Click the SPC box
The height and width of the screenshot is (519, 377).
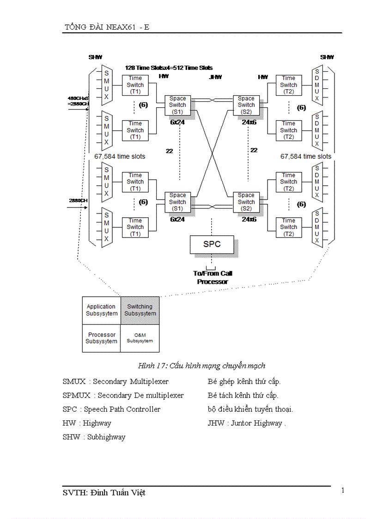[212, 244]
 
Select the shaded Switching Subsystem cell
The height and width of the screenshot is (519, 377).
[140, 310]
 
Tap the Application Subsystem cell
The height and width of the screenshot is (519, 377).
[101, 310]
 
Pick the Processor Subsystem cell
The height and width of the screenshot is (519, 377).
[101, 338]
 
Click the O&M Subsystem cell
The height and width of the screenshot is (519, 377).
[140, 338]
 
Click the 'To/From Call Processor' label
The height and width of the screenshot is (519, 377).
[213, 277]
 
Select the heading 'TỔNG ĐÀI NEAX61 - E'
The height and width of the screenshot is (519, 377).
[107, 27]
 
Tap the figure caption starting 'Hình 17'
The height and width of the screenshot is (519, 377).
[201, 366]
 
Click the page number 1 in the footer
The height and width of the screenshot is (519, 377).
[342, 490]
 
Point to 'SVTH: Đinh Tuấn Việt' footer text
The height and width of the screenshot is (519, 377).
[104, 493]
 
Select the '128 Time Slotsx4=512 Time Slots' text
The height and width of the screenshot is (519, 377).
[169, 67]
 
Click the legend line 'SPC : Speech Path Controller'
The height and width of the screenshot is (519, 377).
[111, 409]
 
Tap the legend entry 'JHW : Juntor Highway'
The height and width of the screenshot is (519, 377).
[246, 423]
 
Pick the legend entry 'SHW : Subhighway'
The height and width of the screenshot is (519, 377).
[94, 437]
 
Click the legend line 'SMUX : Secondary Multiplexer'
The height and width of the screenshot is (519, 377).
[116, 381]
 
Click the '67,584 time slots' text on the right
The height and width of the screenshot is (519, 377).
[305, 156]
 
